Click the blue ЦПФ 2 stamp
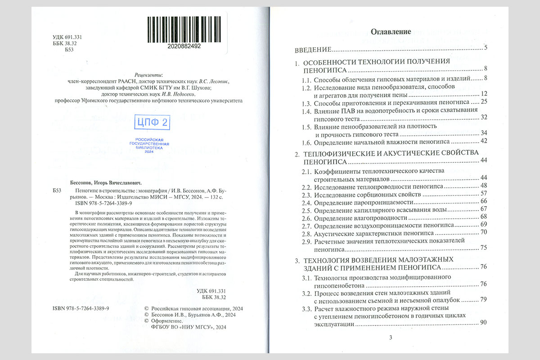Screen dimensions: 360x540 (x=152, y=122)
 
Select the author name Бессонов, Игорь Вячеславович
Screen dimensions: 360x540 (x=106, y=183)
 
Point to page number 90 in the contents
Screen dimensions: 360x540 (x=484, y=322)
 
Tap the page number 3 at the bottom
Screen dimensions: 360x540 (x=391, y=338)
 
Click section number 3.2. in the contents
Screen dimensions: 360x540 (x=306, y=293)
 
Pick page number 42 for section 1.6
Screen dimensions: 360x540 (x=484, y=141)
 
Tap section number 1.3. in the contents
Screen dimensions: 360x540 (x=306, y=102)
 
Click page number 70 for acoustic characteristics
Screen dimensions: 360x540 (x=484, y=232)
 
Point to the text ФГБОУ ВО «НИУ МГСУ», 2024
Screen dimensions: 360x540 (x=189, y=328)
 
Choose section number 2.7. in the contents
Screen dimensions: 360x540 (x=307, y=225)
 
